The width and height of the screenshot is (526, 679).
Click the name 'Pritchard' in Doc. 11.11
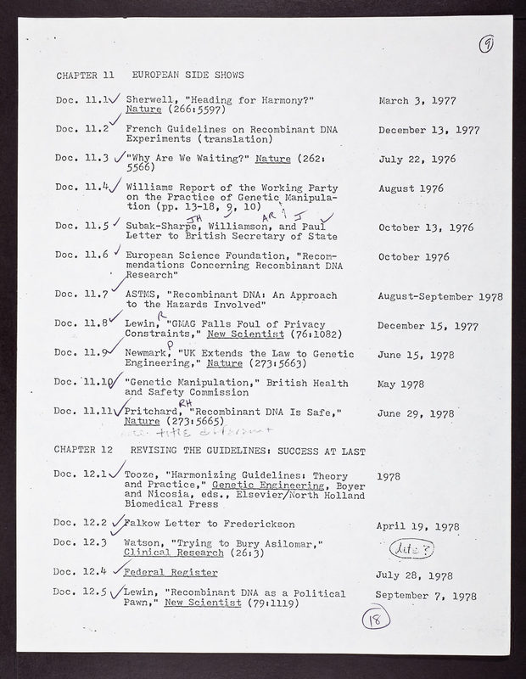(x=153, y=412)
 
